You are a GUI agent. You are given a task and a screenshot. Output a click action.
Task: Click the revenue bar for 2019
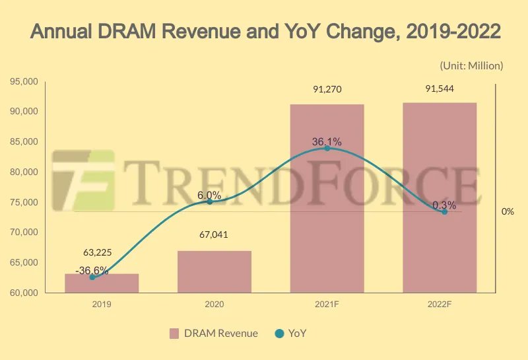point(102,283)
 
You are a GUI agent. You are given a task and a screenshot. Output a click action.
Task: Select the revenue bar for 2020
point(214,271)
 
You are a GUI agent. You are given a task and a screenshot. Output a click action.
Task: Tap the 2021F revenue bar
point(327,198)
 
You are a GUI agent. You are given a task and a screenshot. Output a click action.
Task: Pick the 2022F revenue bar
point(440,198)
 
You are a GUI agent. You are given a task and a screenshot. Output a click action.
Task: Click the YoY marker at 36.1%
point(327,148)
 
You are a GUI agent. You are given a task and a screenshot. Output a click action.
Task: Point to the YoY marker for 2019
point(92,277)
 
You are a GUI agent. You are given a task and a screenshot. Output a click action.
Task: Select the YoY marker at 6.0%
point(210,201)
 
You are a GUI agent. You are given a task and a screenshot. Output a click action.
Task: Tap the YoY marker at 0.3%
point(444,211)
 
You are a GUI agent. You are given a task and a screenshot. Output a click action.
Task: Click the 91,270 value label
point(327,89)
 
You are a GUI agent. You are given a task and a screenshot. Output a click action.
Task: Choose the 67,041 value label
point(214,234)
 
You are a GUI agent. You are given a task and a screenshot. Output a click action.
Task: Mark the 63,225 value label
point(102,252)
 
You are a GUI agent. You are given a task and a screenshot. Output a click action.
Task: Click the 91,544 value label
point(440,89)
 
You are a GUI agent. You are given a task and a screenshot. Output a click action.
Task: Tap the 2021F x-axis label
point(327,305)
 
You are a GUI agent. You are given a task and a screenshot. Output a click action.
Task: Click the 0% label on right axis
point(508,211)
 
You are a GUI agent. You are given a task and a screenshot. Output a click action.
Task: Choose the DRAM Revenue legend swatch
point(174,334)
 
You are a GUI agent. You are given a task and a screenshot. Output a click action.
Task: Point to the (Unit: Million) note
point(471,65)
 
